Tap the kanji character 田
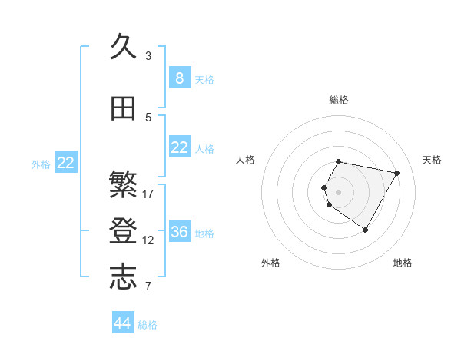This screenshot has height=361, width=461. [124, 108]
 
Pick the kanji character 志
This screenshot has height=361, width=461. [124, 277]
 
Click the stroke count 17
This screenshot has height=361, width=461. [148, 194]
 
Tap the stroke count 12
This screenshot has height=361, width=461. [148, 240]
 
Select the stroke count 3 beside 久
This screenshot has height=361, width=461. [148, 56]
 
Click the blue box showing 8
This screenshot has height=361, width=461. [179, 78]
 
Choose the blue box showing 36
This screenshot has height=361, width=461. [179, 232]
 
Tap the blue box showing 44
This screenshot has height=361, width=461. [122, 323]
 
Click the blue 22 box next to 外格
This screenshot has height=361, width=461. [65, 163]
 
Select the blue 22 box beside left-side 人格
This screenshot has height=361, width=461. [179, 147]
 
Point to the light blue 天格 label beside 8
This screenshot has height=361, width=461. [204, 79]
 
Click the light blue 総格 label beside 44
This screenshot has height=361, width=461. [148, 325]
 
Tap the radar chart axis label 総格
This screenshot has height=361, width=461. [339, 100]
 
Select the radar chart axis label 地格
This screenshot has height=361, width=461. [403, 263]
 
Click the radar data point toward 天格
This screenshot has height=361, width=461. [397, 173]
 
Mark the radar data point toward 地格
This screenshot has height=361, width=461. [365, 230]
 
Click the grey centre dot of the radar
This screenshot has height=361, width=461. [339, 191]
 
